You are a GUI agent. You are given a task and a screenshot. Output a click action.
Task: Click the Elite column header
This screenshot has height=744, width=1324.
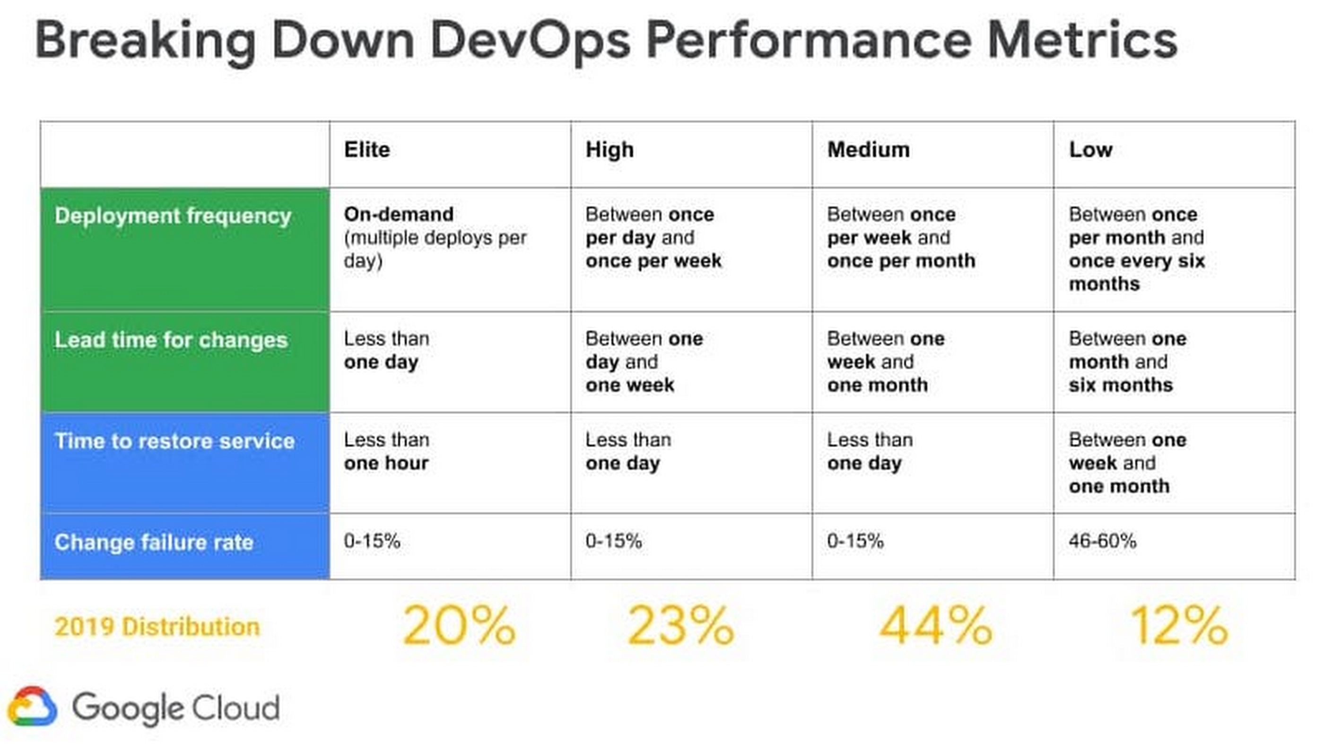(366, 149)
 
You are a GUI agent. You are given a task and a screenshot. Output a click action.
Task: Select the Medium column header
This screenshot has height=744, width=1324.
(868, 149)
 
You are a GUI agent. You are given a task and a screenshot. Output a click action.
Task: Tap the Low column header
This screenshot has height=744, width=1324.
(1090, 149)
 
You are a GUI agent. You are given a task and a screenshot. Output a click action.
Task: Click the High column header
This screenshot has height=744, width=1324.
(609, 149)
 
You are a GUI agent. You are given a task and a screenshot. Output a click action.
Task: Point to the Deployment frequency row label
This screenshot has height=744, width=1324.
(173, 215)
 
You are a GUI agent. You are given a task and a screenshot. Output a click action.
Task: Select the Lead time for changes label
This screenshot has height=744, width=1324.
(171, 340)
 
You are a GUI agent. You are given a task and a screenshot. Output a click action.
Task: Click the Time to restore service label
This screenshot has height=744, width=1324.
(174, 441)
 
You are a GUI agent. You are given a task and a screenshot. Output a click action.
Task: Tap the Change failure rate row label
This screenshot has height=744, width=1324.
(154, 542)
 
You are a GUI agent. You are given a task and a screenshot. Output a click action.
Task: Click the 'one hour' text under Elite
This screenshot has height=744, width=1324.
(386, 463)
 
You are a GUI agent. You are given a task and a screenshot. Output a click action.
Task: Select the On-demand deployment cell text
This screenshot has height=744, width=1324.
(398, 214)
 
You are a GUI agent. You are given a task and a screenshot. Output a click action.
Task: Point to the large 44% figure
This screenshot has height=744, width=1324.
(935, 626)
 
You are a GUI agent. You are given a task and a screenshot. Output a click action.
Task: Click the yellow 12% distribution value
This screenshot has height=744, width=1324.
(1178, 626)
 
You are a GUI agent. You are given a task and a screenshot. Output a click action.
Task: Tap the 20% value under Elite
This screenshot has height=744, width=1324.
(459, 626)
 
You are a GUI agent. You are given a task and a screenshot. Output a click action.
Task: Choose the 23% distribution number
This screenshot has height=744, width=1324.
(680, 626)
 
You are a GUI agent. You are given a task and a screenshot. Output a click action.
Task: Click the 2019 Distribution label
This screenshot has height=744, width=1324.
(157, 627)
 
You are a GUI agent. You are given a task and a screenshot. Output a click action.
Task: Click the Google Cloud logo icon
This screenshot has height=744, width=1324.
(32, 707)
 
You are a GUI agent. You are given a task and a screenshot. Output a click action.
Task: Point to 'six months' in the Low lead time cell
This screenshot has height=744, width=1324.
(1121, 385)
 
